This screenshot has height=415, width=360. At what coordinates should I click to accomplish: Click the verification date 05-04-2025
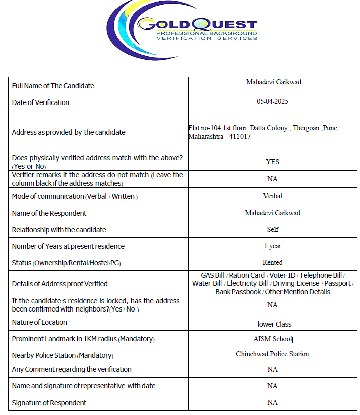pyautogui.click(x=272, y=101)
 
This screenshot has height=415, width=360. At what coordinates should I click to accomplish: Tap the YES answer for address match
pyautogui.click(x=272, y=162)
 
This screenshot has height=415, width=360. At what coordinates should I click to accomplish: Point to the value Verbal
pyautogui.click(x=272, y=196)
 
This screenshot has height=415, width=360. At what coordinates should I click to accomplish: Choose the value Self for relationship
pyautogui.click(x=272, y=229)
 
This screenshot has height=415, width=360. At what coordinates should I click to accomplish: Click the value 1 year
pyautogui.click(x=272, y=246)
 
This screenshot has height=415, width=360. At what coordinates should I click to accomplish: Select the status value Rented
pyautogui.click(x=272, y=262)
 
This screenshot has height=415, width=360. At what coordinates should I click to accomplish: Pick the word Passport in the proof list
pyautogui.click(x=337, y=283)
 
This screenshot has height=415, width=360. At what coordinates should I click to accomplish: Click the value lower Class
pyautogui.click(x=274, y=324)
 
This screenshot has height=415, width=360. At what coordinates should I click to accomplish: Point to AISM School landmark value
pyautogui.click(x=272, y=339)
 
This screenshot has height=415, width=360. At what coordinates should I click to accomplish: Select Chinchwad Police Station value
pyautogui.click(x=272, y=354)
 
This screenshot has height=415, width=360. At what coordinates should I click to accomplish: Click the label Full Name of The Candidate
pyautogui.click(x=53, y=86)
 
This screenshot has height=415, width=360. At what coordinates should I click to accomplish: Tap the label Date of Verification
pyautogui.click(x=41, y=102)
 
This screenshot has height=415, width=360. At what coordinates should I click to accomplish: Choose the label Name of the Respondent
pyautogui.click(x=49, y=213)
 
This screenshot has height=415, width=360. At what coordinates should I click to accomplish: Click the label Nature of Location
pyautogui.click(x=39, y=322)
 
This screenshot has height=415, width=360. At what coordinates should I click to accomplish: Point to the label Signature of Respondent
pyautogui.click(x=49, y=403)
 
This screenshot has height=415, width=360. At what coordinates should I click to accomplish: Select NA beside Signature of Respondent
pyautogui.click(x=272, y=402)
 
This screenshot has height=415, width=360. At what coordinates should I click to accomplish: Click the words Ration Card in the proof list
pyautogui.click(x=247, y=275)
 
